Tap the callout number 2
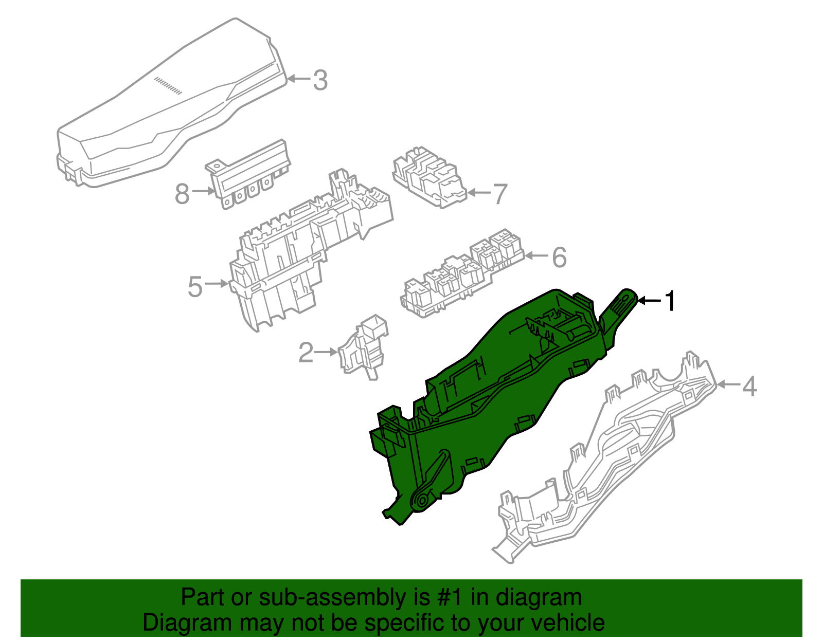click(x=306, y=352)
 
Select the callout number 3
click(x=320, y=80)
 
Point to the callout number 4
click(x=749, y=386)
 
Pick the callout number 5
click(x=195, y=287)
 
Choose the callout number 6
click(x=560, y=257)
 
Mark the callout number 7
click(x=500, y=194)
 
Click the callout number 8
click(x=182, y=193)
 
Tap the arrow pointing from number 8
click(x=204, y=191)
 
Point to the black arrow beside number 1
click(x=650, y=301)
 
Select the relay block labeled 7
click(x=430, y=177)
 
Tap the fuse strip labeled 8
click(x=248, y=174)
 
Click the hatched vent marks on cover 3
click(x=168, y=85)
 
